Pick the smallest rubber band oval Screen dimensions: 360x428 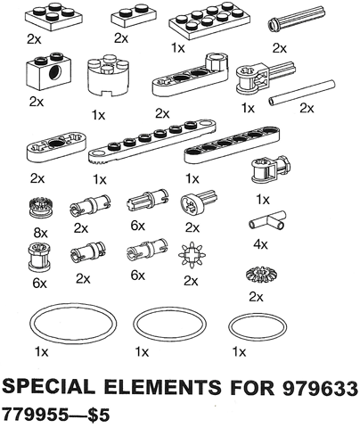tap(258, 329)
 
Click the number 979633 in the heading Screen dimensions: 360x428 tap(320, 388)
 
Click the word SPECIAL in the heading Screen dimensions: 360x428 tap(49, 388)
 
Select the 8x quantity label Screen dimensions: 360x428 tap(40, 233)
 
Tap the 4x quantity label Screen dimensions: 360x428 tap(260, 244)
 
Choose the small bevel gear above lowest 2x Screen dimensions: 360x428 tap(259, 275)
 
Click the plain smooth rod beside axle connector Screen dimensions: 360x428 tap(302, 93)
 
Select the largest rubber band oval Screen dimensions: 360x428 tap(73, 324)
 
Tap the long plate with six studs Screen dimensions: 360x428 tap(152, 141)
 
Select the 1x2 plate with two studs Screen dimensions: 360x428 tap(134, 17)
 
